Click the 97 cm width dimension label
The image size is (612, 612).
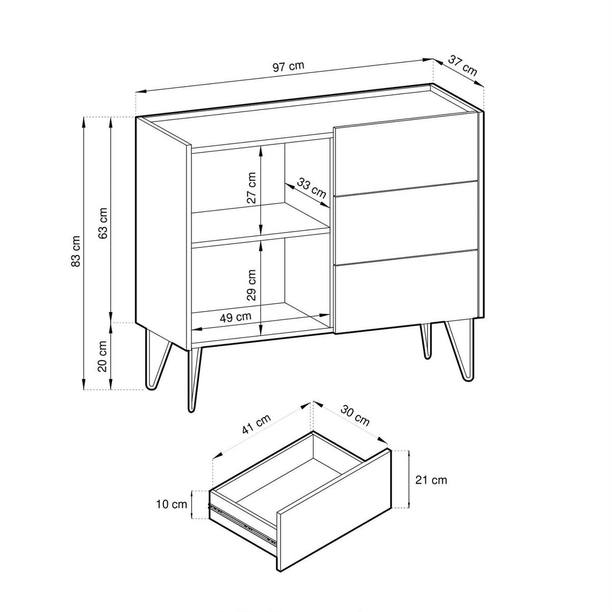point(288,66)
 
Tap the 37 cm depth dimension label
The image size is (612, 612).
point(463,65)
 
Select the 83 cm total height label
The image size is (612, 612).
point(76,251)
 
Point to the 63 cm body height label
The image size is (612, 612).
point(103,223)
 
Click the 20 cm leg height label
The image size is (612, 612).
point(103,356)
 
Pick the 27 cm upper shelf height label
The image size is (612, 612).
point(251,188)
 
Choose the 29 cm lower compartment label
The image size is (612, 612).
point(251,285)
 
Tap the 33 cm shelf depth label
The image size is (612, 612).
point(312,188)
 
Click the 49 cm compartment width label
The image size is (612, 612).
point(236,317)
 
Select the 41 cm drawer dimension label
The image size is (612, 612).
point(257,424)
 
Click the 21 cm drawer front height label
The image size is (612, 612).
point(431,480)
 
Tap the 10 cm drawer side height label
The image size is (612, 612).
point(171,504)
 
